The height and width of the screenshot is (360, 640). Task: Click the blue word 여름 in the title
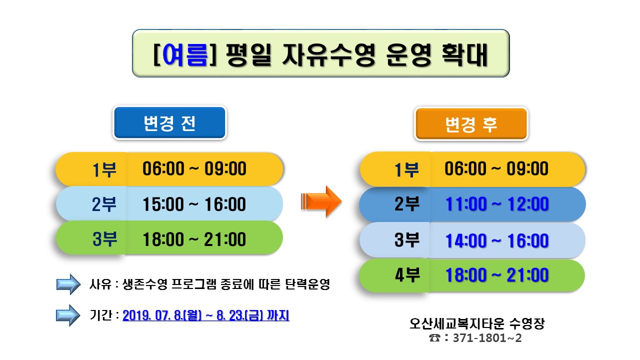coord(185,55)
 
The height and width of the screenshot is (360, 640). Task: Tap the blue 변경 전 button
coord(169,123)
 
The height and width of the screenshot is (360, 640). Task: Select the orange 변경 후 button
coord(471,124)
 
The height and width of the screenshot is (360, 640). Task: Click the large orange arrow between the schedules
coord(321,201)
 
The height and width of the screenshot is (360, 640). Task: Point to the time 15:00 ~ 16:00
coord(194,204)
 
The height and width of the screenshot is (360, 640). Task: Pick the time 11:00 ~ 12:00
coord(497,204)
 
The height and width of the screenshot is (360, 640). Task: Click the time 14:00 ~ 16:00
coord(497,240)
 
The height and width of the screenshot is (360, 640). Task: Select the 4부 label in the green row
coord(407,275)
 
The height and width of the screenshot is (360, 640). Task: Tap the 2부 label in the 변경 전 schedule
coord(104,204)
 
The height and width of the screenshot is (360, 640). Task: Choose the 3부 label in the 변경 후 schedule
coord(407,239)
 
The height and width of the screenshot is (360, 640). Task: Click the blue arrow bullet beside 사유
coord(68,284)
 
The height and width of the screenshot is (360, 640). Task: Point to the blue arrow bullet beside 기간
coord(68,315)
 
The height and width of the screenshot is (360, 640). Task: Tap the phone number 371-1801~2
coord(487,338)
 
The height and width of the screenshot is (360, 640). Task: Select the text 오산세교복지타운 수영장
coord(477,323)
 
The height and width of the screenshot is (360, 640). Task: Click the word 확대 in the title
coord(464,55)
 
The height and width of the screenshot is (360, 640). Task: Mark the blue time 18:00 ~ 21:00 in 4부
coord(497,275)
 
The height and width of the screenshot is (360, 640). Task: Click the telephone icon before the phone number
coord(434,338)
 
